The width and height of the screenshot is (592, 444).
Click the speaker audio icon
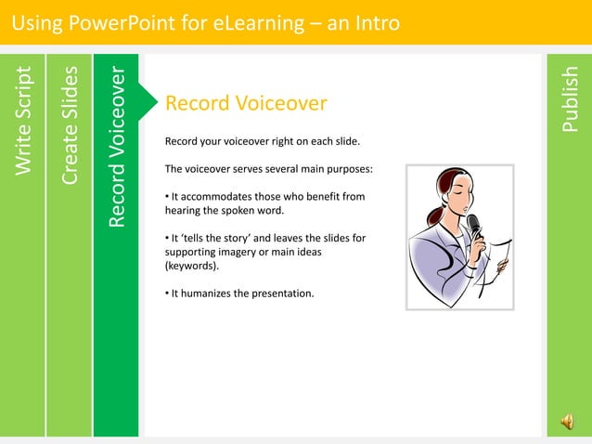(x=566, y=423)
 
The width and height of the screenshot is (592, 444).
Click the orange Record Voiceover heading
(x=246, y=103)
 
